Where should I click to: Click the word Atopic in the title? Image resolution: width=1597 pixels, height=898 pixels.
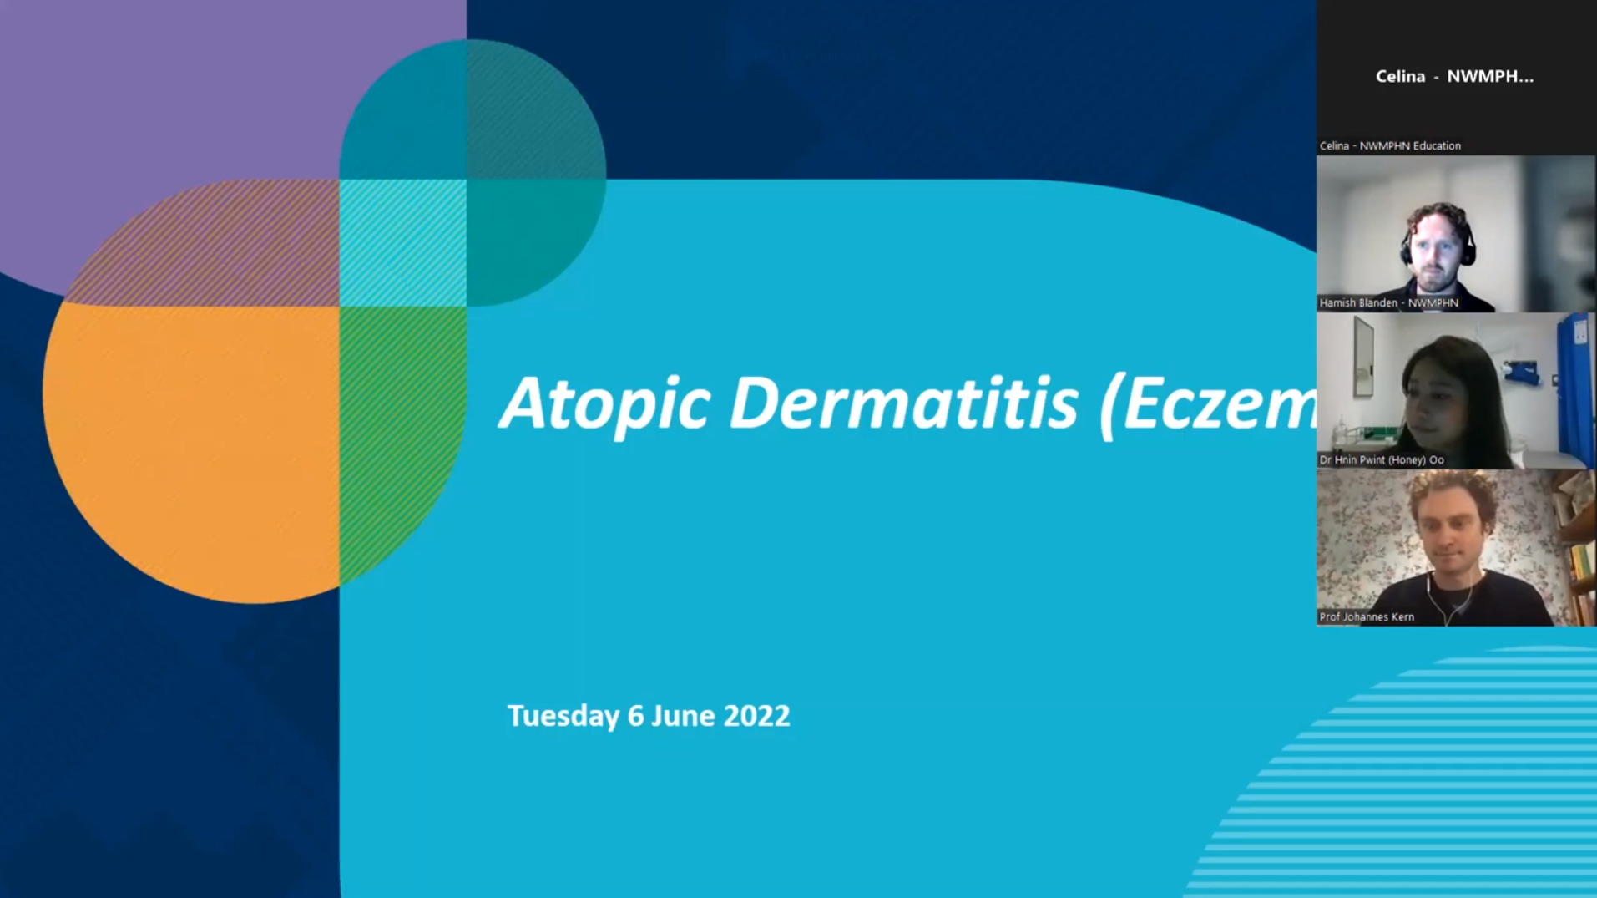click(604, 404)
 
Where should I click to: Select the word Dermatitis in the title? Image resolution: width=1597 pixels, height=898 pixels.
click(903, 404)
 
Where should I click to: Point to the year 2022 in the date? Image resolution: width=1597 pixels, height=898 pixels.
click(756, 716)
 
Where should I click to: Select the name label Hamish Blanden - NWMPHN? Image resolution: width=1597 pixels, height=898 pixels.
click(1388, 303)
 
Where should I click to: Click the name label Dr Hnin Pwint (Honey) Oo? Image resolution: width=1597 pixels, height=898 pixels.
click(1381, 460)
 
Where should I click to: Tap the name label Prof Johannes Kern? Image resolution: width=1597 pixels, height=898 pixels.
click(1367, 617)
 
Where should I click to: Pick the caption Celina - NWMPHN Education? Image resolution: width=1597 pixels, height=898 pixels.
click(1389, 146)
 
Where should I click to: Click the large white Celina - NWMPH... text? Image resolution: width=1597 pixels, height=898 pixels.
click(1454, 77)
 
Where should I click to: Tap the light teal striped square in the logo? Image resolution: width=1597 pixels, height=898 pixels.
click(402, 242)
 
